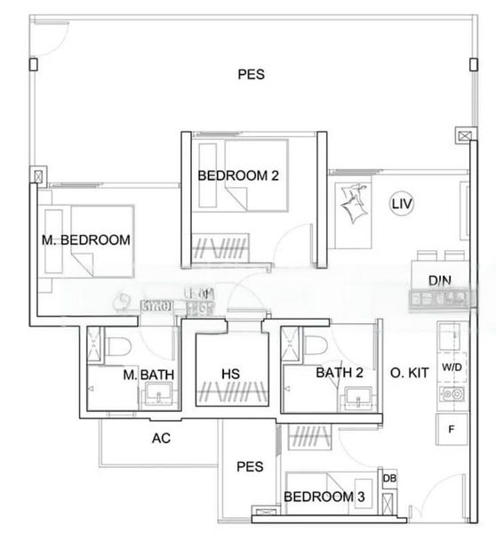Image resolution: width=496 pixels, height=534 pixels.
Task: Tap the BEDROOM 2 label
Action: (x=238, y=175)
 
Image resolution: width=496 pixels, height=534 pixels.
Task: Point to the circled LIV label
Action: (x=403, y=204)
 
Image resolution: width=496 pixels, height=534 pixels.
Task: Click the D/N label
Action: (x=439, y=281)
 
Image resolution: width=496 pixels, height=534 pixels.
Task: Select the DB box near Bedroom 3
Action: (x=389, y=479)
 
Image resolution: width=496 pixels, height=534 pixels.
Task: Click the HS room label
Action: (x=231, y=374)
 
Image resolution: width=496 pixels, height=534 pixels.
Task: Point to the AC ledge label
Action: (x=161, y=438)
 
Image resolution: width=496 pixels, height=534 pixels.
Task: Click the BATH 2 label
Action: (x=340, y=373)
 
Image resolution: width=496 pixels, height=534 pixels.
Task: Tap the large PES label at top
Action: (x=251, y=75)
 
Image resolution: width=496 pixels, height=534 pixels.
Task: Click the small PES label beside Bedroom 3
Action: (x=248, y=465)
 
